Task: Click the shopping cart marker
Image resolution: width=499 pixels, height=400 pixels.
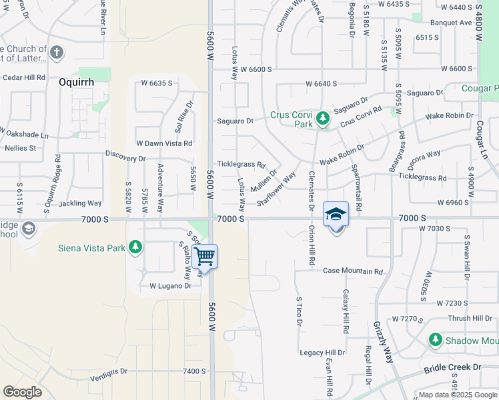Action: pos(204,255)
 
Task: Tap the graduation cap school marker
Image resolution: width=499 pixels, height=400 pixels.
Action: pos(336,215)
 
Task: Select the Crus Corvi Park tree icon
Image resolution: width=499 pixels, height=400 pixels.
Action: pos(323,119)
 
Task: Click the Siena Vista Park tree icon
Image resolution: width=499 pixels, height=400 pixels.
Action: pos(136,247)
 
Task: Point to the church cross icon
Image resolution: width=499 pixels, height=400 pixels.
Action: pos(57,53)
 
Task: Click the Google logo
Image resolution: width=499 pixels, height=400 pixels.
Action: pos(22,392)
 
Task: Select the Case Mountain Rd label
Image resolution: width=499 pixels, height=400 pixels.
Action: pos(353,271)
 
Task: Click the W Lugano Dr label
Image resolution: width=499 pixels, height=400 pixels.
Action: pos(170,286)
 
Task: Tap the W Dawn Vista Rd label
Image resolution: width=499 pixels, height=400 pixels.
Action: pos(164,143)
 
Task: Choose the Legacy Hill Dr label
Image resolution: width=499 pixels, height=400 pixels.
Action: pos(322,353)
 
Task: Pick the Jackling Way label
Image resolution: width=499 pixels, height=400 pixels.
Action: pos(80,203)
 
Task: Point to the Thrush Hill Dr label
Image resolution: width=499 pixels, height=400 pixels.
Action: pos(470,319)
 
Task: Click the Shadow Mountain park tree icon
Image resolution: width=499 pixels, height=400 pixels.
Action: pos(436,339)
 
